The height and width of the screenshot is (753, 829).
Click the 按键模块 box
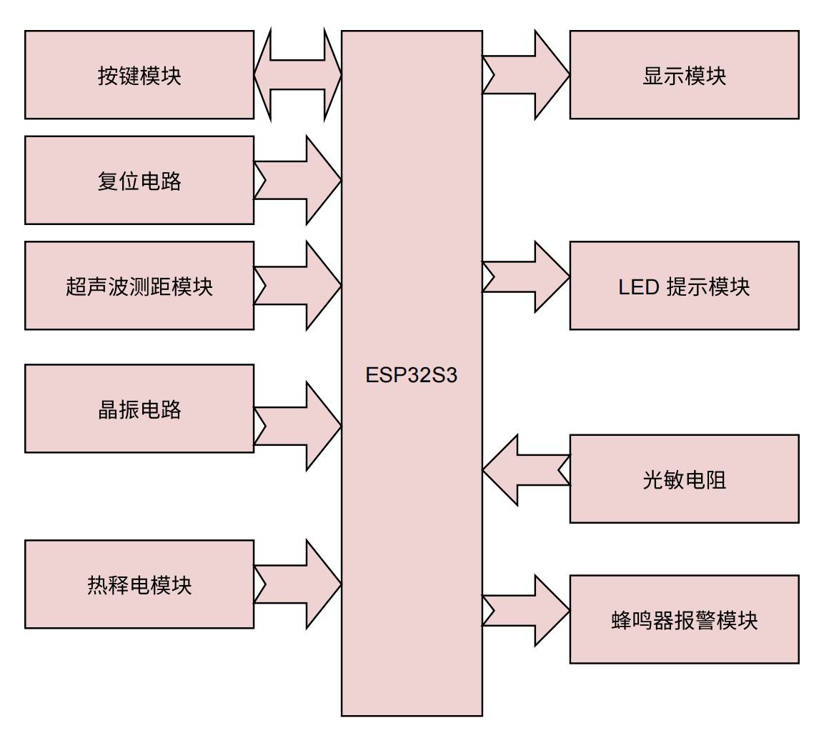click(x=139, y=75)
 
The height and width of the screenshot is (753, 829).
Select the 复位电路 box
click(x=139, y=180)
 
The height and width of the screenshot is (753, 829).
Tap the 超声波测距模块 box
click(x=139, y=286)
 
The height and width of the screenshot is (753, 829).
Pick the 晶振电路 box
click(x=139, y=409)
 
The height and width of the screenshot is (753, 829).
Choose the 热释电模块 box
click(x=139, y=584)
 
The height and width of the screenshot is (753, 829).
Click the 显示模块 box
click(x=684, y=75)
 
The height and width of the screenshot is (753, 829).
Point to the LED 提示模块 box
click(x=684, y=286)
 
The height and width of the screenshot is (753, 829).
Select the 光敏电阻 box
click(x=684, y=479)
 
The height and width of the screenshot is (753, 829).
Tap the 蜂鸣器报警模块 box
click(x=684, y=619)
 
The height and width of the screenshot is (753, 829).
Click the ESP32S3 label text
click(x=411, y=375)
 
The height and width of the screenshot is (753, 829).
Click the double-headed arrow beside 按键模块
click(x=298, y=74)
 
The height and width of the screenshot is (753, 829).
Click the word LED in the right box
click(x=638, y=286)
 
